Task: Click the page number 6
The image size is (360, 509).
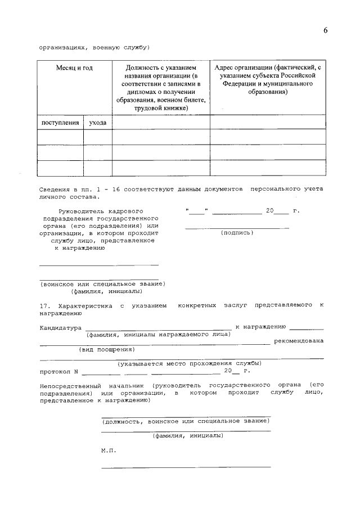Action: (x=325, y=30)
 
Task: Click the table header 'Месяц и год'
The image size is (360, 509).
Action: (x=74, y=67)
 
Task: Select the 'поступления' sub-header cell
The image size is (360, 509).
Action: (x=60, y=122)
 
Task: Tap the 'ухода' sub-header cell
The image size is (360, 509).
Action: (x=97, y=122)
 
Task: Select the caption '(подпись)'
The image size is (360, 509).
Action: (x=237, y=232)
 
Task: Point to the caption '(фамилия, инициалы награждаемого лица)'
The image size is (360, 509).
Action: (x=158, y=334)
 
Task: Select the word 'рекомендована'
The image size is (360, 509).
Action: (x=299, y=341)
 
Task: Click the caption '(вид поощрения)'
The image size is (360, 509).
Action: (x=102, y=349)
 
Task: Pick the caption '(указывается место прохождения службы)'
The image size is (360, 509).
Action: (x=189, y=363)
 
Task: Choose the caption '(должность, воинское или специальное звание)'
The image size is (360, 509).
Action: (x=185, y=421)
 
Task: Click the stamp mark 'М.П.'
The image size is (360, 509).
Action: (x=107, y=451)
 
